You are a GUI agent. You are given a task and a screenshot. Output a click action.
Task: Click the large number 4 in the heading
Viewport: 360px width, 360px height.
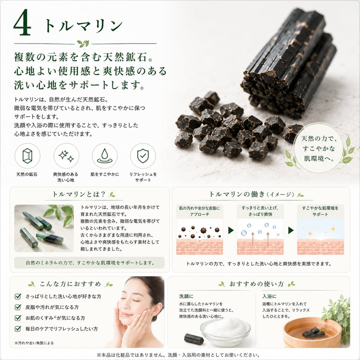pyautogui.click(x=22, y=23)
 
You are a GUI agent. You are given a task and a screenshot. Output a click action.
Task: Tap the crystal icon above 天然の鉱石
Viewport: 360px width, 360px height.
pyautogui.click(x=27, y=156)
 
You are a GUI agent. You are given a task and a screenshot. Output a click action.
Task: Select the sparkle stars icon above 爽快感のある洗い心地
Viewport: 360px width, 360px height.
pyautogui.click(x=66, y=156)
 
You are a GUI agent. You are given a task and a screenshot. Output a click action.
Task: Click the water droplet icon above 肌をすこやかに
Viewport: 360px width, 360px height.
pyautogui.click(x=105, y=156)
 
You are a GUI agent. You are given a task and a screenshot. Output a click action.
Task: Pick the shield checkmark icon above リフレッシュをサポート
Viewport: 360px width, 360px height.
pyautogui.click(x=143, y=156)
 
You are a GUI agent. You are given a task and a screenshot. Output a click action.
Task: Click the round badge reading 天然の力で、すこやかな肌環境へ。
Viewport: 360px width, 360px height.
pyautogui.click(x=319, y=148)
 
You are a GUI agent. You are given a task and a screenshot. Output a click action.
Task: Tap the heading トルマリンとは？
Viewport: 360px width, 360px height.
pyautogui.click(x=79, y=194)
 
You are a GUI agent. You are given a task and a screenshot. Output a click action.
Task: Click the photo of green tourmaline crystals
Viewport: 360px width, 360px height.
pyautogui.click(x=44, y=228)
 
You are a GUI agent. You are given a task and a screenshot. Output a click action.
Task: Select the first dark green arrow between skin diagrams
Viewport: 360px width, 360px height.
pyautogui.click(x=231, y=230)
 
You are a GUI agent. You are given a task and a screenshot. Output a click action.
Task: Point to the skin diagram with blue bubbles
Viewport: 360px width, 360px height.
pyautogui.click(x=260, y=237)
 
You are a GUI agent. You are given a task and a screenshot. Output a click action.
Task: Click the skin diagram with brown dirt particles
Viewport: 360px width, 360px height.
pyautogui.click(x=200, y=237)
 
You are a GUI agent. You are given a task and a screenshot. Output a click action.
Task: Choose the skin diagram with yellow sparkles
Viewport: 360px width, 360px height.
pyautogui.click(x=320, y=237)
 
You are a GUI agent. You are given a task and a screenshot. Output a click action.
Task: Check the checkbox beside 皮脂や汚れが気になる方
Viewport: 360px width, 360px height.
pyautogui.click(x=18, y=307)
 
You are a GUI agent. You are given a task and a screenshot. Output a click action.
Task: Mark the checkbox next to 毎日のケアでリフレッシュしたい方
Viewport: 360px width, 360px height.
pyautogui.click(x=18, y=329)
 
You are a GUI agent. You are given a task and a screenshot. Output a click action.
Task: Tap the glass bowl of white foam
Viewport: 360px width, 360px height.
pyautogui.click(x=225, y=330)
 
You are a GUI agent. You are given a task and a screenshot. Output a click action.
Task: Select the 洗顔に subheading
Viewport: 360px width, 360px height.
pyautogui.click(x=186, y=296)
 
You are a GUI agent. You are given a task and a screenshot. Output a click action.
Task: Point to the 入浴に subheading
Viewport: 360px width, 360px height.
pyautogui.click(x=269, y=296)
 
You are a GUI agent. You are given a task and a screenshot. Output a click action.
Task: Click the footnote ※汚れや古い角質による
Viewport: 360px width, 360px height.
pyautogui.click(x=34, y=343)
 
